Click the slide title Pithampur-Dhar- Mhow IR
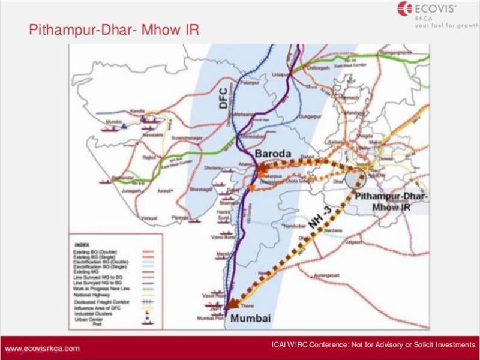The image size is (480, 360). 114,29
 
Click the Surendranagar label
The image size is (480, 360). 186,136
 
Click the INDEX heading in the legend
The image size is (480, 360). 81,245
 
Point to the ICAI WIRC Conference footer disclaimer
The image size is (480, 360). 373,344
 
